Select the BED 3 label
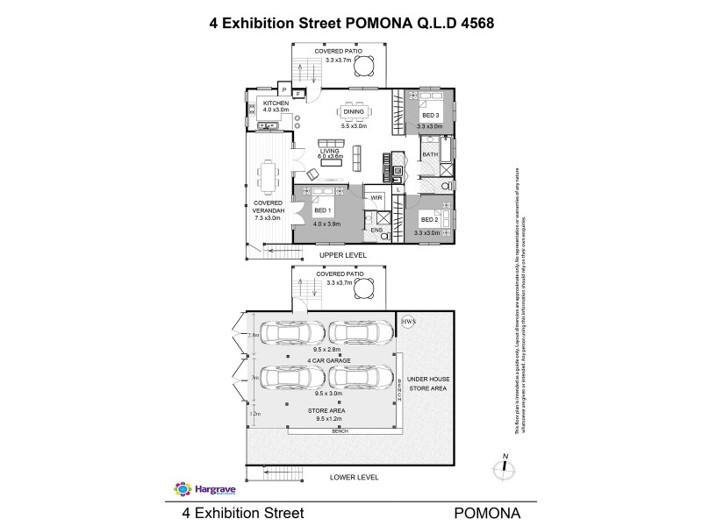click(x=430, y=117)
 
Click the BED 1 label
click(x=321, y=210)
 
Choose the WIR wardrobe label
click(x=376, y=198)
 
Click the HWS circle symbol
click(x=407, y=323)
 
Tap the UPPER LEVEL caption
click(x=342, y=255)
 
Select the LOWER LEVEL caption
click(x=354, y=478)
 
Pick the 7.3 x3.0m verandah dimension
click(x=268, y=217)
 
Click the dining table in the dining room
click(x=354, y=111)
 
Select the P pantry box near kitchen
click(x=284, y=89)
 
